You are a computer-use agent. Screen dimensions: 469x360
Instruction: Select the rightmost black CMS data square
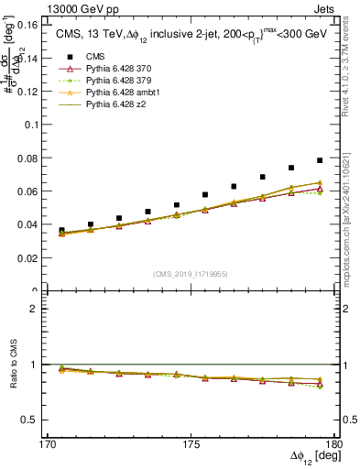[320, 160]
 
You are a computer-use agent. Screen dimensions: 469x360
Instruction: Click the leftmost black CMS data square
[62, 231]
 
